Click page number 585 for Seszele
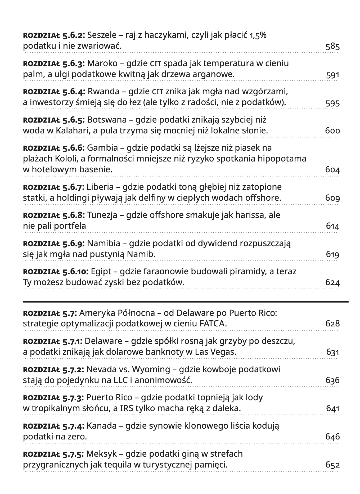click(x=332, y=47)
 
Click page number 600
click(x=332, y=131)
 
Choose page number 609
click(x=332, y=198)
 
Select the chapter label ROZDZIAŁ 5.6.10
click(x=56, y=272)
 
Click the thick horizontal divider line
click(x=185, y=302)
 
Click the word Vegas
click(x=223, y=352)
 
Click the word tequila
click(x=132, y=465)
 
